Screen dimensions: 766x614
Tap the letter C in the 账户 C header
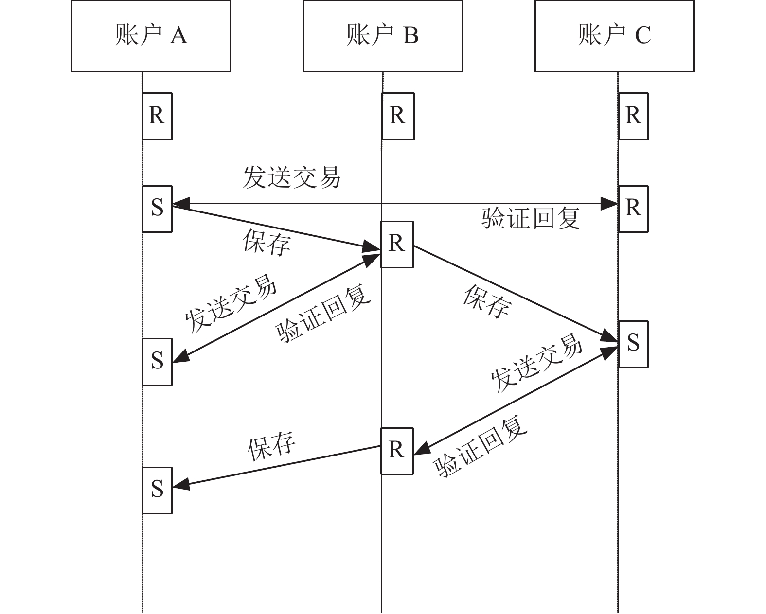click(x=643, y=35)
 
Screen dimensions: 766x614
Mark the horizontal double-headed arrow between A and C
click(x=395, y=204)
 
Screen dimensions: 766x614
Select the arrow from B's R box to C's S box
click(x=516, y=294)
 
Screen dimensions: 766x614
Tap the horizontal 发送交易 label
click(x=292, y=177)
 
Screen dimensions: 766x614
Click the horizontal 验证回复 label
click(x=531, y=218)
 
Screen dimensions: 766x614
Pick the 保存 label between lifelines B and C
click(x=487, y=301)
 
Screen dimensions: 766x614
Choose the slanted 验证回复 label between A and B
click(x=323, y=313)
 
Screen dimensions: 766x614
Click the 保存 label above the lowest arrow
click(x=271, y=446)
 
